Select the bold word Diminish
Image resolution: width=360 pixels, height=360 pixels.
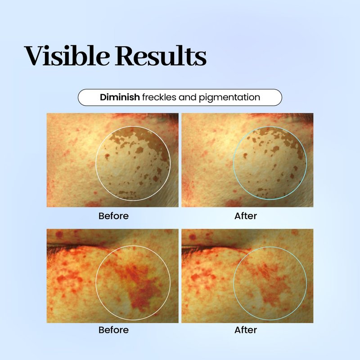[120, 97]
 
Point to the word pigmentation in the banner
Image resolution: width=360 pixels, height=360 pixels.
[229, 98]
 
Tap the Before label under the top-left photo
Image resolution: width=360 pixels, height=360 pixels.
[113, 216]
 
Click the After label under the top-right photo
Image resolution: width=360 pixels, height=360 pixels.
[245, 216]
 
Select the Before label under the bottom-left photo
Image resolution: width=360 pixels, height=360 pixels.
[113, 330]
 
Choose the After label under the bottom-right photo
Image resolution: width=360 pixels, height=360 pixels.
[245, 330]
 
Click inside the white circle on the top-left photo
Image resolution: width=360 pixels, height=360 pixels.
[133, 163]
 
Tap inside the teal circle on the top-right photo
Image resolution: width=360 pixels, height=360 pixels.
[270, 163]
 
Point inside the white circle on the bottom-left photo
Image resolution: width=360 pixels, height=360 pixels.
[133, 283]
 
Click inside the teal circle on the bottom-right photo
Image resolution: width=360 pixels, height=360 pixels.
[270, 283]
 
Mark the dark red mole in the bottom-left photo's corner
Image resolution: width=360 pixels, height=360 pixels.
[59, 234]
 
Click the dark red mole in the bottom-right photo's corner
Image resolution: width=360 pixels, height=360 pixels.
[193, 237]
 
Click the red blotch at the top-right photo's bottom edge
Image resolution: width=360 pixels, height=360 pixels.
[233, 203]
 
